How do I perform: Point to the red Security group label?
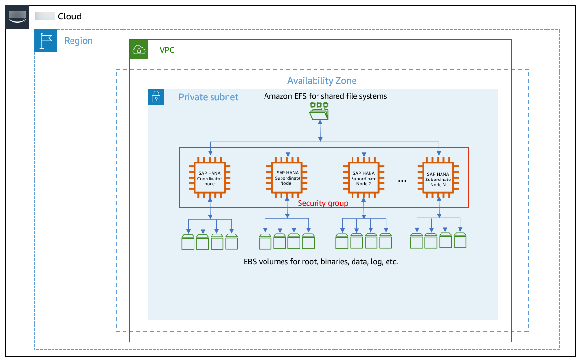pos(323,203)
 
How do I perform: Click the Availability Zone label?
pos(321,81)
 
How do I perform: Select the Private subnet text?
pos(208,97)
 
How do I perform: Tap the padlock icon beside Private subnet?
pos(156,97)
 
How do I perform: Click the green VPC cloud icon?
pos(139,49)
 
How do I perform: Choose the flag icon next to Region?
pos(46,40)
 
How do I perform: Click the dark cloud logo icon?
pos(18,18)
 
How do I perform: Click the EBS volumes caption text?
pos(320,261)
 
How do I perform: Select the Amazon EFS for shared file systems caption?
pos(325,96)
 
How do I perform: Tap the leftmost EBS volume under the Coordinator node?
pos(188,242)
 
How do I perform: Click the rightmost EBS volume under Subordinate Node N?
pos(460,241)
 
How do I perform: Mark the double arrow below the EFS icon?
pos(320,132)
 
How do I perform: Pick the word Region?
pos(78,41)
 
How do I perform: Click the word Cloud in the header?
pos(70,17)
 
